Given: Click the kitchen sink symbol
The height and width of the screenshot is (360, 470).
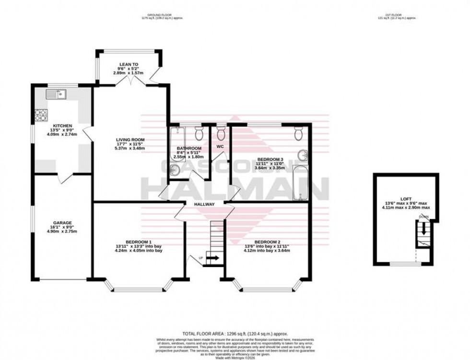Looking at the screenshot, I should click(x=56, y=94).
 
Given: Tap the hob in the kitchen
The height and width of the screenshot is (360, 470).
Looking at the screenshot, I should click(x=41, y=115).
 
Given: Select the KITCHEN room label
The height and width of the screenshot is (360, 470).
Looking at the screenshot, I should click(x=62, y=126).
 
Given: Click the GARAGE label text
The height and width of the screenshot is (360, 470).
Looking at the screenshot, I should click(x=62, y=223).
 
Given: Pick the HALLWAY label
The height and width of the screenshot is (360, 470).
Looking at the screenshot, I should click(x=204, y=204).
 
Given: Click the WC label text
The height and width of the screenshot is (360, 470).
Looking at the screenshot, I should click(x=220, y=146).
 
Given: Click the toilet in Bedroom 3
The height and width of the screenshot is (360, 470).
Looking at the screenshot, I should click(x=298, y=134).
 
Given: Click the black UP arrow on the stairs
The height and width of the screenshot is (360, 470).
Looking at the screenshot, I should click(x=212, y=258).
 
